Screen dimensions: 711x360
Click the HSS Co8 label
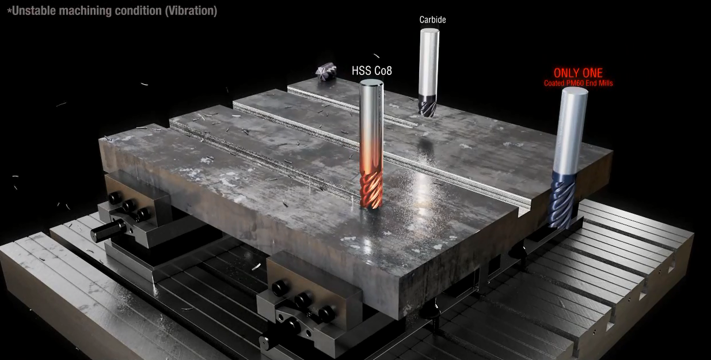pyautogui.click(x=372, y=70)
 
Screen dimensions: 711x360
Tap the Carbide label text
pyautogui.click(x=432, y=20)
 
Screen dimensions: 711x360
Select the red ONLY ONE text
pyautogui.click(x=578, y=73)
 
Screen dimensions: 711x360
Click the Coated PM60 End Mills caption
pyautogui.click(x=579, y=83)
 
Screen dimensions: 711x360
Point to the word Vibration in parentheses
pyautogui.click(x=191, y=11)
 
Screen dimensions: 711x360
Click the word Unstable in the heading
pyautogui.click(x=33, y=11)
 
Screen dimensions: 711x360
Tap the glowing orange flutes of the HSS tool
pyautogui.click(x=371, y=190)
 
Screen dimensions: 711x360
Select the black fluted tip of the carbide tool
pyautogui.click(x=427, y=105)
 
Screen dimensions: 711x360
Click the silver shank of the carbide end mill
pyautogui.click(x=429, y=62)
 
